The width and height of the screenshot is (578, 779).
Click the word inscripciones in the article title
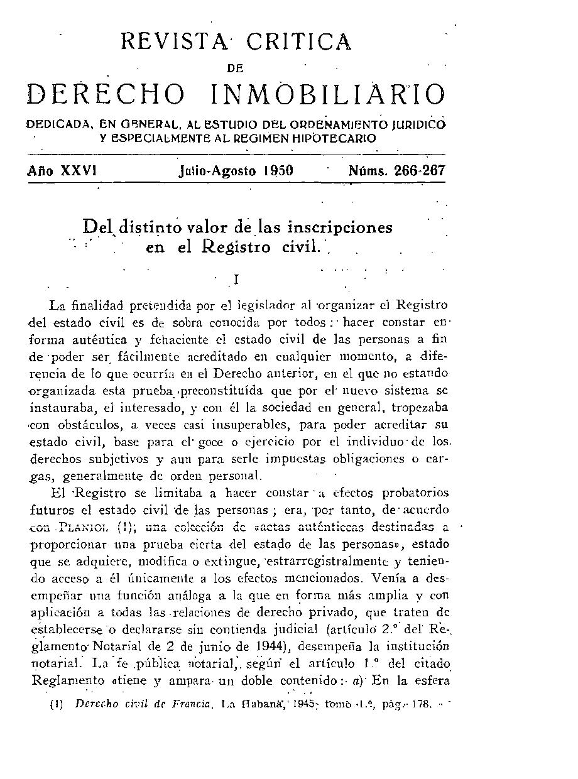pyautogui.click(x=340, y=227)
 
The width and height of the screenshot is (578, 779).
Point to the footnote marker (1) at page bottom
pyautogui.click(x=55, y=704)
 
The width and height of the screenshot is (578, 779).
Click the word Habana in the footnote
pyautogui.click(x=257, y=704)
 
